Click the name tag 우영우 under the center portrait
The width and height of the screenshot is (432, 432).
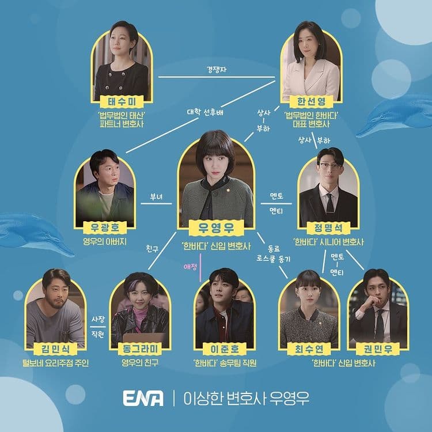pyautogui.click(x=216, y=228)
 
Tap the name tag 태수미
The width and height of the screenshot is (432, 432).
pyautogui.click(x=122, y=102)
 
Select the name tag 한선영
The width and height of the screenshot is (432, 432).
pyautogui.click(x=311, y=101)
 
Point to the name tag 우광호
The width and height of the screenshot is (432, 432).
pyautogui.click(x=105, y=228)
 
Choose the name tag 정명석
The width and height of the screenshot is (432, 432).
pyautogui.click(x=328, y=228)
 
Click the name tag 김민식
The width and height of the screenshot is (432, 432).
pyautogui.click(x=55, y=349)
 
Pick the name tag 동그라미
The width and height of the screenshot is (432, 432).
pyautogui.click(x=140, y=349)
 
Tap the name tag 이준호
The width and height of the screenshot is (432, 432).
pyautogui.click(x=225, y=349)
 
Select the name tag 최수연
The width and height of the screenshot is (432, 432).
pyautogui.click(x=309, y=349)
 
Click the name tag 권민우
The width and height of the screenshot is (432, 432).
pyautogui.click(x=377, y=349)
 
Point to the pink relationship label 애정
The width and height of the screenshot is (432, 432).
pyautogui.click(x=191, y=267)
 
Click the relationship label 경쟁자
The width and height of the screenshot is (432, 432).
pyautogui.click(x=217, y=69)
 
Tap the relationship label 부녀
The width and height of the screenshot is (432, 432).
pyautogui.click(x=156, y=197)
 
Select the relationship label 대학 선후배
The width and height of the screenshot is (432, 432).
pyautogui.click(x=205, y=112)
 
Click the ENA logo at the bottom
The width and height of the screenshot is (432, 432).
pyautogui.click(x=143, y=398)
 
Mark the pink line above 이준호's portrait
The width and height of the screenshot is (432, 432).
pyautogui.click(x=200, y=267)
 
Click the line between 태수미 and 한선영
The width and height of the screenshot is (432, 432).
pyautogui.click(x=217, y=77)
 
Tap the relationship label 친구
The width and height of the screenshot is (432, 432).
pyautogui.click(x=153, y=249)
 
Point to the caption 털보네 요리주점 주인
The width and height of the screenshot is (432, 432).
pyautogui.click(x=55, y=363)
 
